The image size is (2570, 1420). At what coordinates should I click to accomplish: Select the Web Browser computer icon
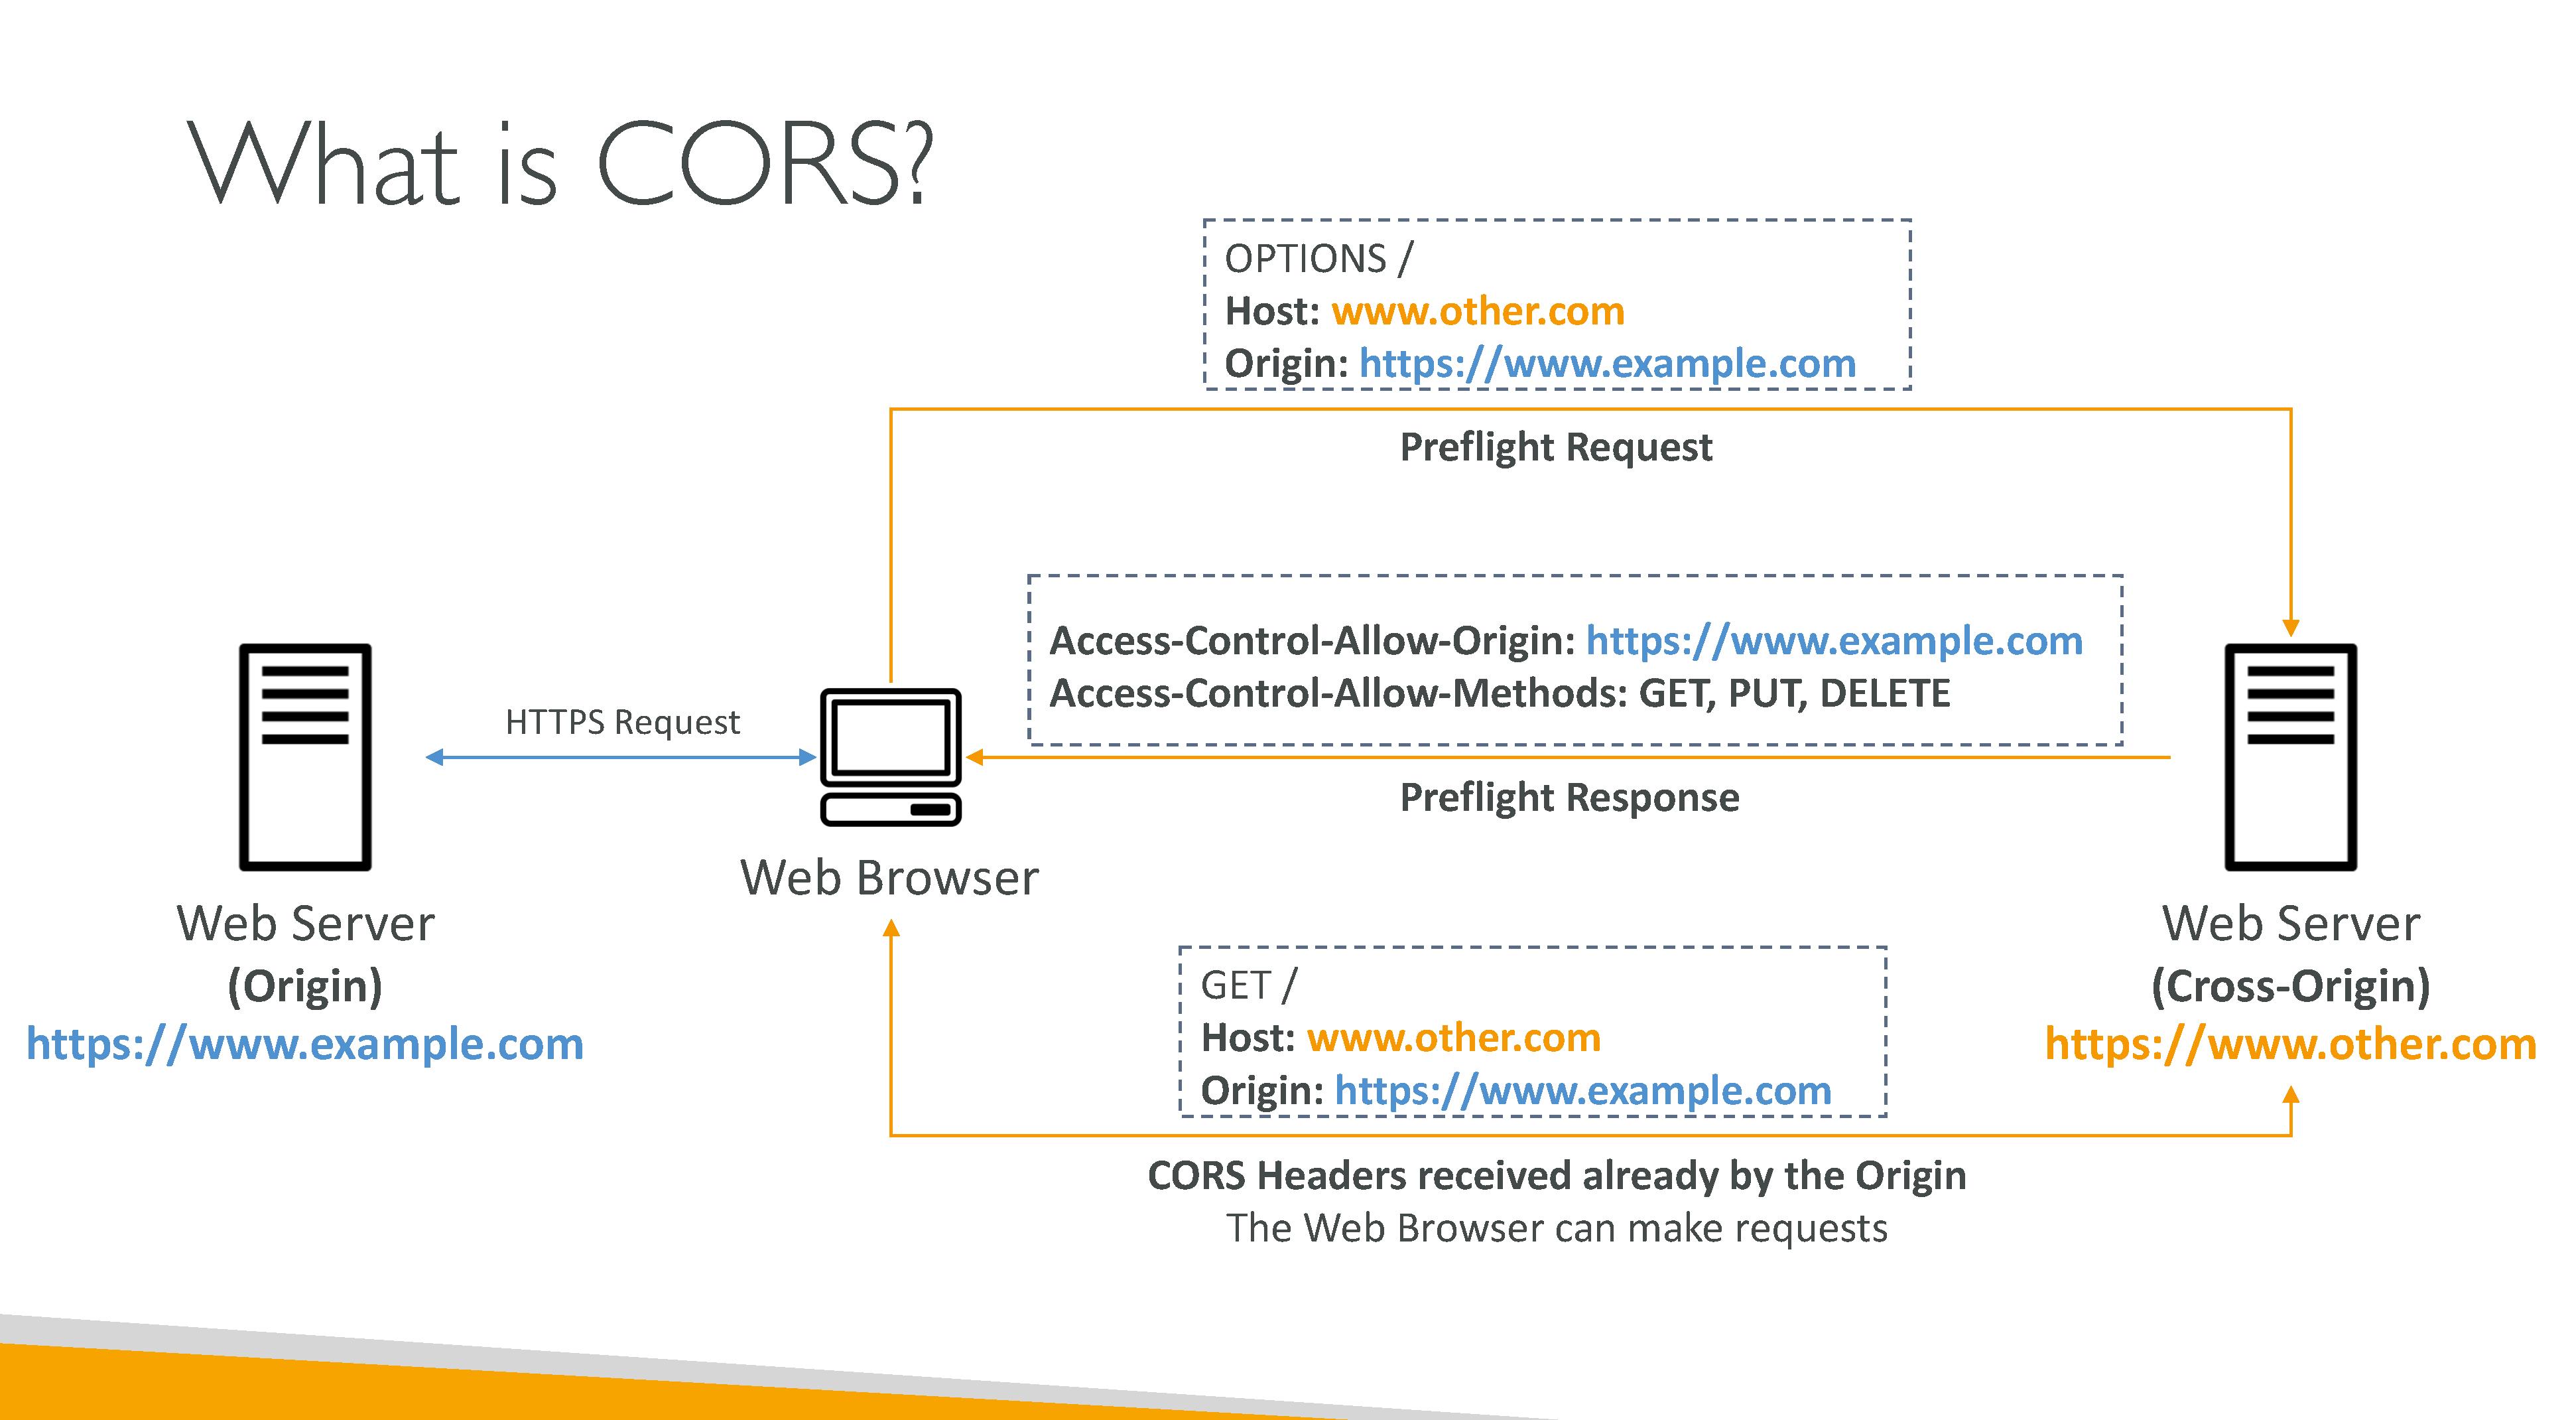pos(890,756)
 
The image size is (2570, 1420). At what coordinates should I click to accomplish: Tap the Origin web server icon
pos(305,756)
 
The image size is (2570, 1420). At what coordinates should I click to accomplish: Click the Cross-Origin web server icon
pos(2291,756)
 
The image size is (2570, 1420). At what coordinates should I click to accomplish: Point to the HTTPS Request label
pos(623,721)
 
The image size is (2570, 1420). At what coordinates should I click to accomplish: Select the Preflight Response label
pos(1569,798)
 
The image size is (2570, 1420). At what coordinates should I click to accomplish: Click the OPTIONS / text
pos(1318,259)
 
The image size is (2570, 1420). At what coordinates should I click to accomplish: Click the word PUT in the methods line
pos(1767,693)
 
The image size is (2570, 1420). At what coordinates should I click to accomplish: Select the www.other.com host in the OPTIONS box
pos(1478,311)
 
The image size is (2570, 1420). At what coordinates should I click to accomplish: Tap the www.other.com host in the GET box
pos(1454,1038)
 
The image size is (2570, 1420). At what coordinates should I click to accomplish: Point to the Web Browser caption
pos(889,878)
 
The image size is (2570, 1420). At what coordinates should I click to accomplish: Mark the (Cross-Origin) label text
pos(2291,986)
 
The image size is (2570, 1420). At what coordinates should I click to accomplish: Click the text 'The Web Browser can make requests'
pos(1557,1228)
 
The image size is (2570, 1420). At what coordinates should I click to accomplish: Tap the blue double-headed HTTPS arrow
pos(621,757)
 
